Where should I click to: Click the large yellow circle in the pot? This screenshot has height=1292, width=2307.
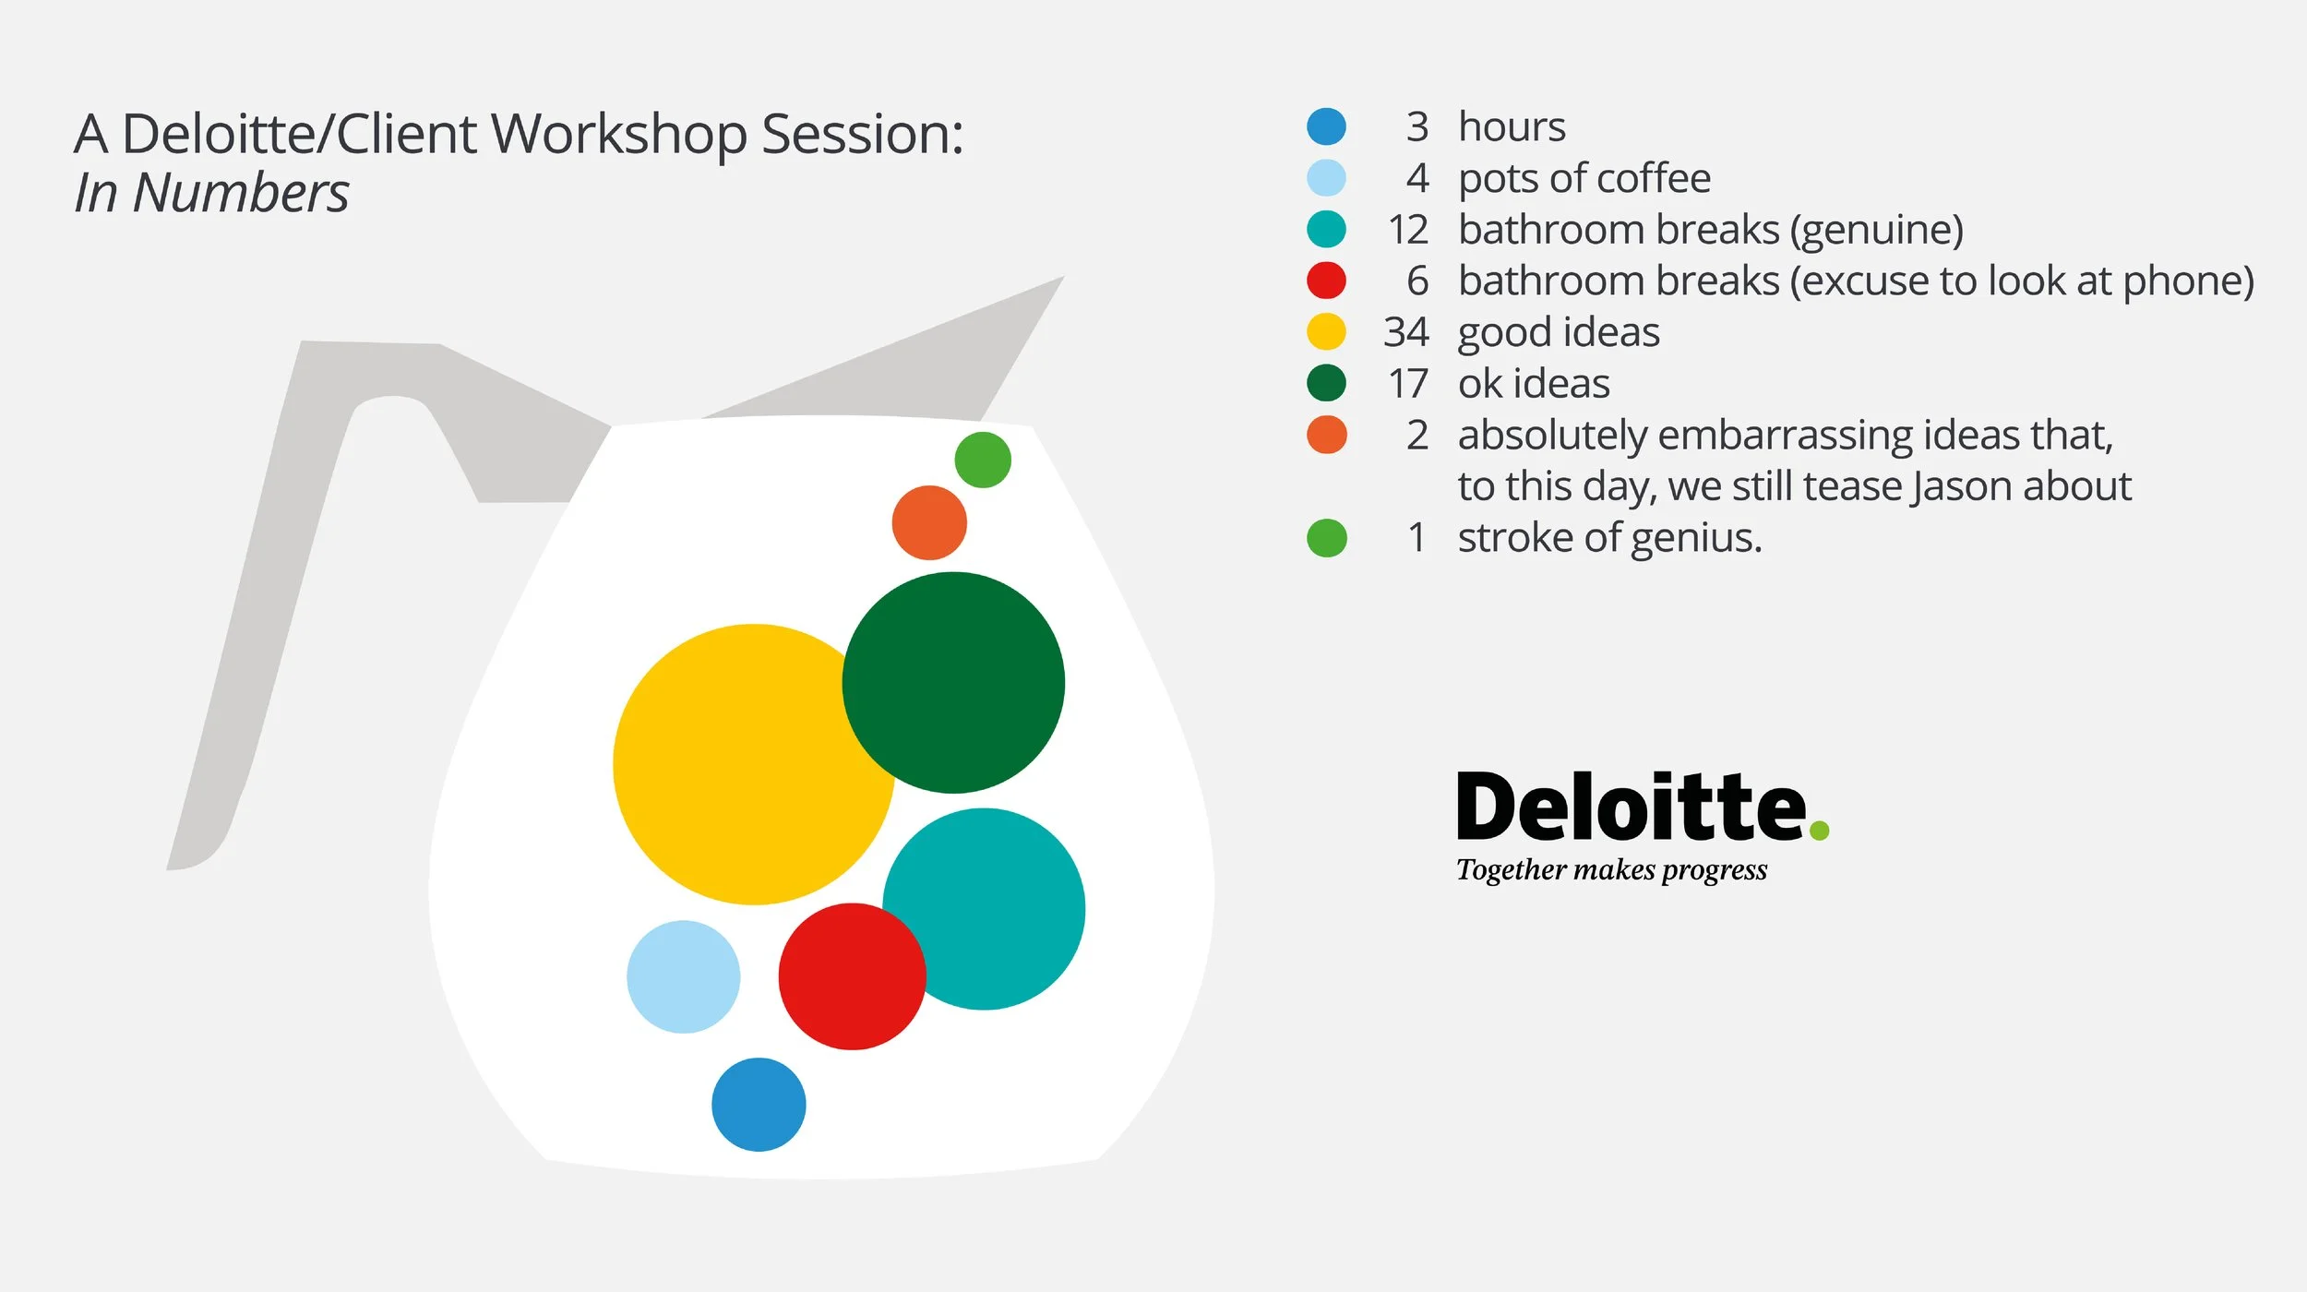[x=738, y=766]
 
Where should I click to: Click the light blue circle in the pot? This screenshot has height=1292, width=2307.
[x=683, y=976]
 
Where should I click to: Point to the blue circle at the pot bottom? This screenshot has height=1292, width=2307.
[x=759, y=1105]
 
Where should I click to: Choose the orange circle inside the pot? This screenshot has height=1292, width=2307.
[x=928, y=523]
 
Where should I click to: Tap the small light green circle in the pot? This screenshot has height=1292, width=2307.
[x=983, y=460]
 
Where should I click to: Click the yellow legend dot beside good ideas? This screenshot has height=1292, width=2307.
[x=1326, y=332]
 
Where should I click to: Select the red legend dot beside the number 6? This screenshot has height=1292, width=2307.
[x=1326, y=281]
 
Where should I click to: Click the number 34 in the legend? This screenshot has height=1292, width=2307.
[x=1405, y=332]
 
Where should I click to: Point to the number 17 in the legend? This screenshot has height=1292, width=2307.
[x=1407, y=384]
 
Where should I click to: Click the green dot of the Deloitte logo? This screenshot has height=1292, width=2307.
[x=1819, y=831]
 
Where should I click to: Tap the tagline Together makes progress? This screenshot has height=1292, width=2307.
[x=1611, y=869]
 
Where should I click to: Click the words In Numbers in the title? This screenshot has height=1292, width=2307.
[x=211, y=193]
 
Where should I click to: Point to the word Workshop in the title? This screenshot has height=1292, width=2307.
[x=618, y=135]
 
